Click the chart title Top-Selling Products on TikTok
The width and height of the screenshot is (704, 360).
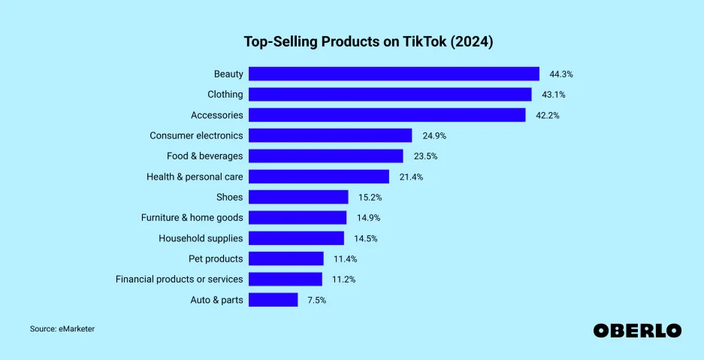point(368,41)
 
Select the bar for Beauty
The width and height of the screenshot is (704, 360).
point(394,74)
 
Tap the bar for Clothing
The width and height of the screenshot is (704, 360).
point(390,95)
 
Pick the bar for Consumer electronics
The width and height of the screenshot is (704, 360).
point(330,135)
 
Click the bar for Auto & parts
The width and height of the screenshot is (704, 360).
point(273,300)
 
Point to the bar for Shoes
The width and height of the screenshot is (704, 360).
point(298,197)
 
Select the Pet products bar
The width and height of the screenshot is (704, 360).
point(286,259)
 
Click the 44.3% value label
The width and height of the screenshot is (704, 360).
point(561,74)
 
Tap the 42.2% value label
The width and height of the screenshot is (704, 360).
point(547,116)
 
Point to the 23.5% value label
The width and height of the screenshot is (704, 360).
point(425,156)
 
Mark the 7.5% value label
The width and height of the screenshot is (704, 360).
point(317,301)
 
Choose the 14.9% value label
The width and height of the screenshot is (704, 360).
point(369,218)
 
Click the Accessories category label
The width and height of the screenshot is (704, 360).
point(216,115)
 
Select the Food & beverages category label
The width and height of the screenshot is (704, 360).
point(204,156)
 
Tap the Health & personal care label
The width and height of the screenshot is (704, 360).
point(195,177)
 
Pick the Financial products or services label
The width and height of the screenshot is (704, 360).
point(179,279)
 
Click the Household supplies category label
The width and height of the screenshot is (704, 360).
point(201,238)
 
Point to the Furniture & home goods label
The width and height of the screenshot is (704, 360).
point(192,217)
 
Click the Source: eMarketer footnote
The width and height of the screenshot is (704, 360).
point(62,329)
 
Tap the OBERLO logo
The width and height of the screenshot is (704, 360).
point(637,331)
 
